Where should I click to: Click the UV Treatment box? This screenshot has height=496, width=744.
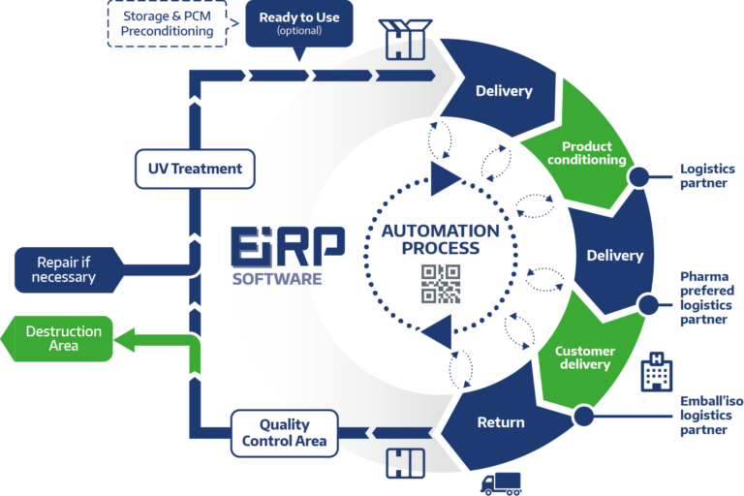click(195, 169)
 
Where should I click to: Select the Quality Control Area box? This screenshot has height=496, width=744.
click(284, 433)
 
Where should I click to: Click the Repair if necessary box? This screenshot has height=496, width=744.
click(69, 269)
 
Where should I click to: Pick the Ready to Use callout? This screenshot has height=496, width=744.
click(299, 23)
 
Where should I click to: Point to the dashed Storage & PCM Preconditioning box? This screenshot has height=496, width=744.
click(167, 23)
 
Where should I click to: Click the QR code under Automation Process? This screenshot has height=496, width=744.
click(441, 284)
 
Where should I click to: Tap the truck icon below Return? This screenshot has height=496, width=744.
click(501, 484)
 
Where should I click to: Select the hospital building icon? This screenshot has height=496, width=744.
click(656, 372)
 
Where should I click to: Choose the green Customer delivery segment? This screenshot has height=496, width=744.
click(588, 354)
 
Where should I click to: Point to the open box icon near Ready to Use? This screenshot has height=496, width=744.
click(405, 40)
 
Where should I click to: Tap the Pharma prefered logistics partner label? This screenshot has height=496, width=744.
click(707, 297)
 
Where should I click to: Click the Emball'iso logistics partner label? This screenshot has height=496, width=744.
click(711, 416)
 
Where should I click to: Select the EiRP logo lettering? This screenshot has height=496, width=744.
click(288, 246)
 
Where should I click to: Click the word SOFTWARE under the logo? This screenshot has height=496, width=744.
click(277, 279)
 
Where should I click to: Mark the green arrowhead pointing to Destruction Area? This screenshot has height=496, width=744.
click(124, 340)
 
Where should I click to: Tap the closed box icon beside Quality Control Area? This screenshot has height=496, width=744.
click(405, 463)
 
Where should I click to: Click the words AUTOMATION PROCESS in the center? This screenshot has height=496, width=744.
click(441, 239)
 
